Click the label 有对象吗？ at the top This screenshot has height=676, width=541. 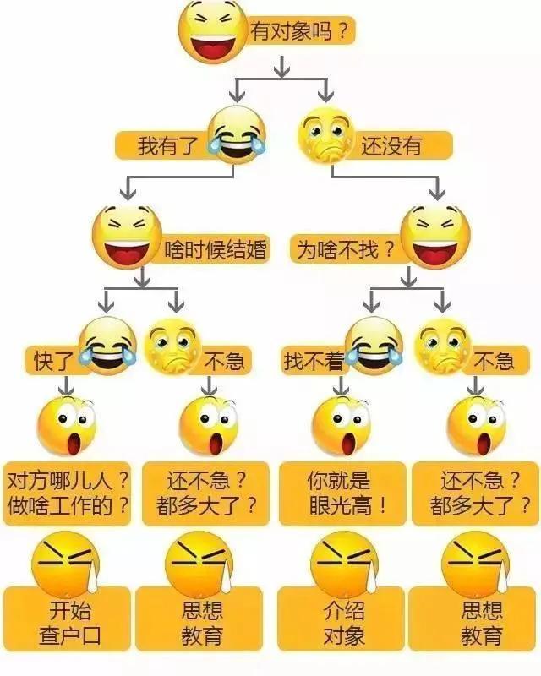pyautogui.click(x=298, y=33)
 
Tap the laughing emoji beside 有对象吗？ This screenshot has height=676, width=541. pyautogui.click(x=212, y=31)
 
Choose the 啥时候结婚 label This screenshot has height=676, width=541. pyautogui.click(x=215, y=249)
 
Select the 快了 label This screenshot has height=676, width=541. pyautogui.click(x=53, y=362)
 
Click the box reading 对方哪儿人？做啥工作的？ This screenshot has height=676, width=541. pyautogui.click(x=68, y=493)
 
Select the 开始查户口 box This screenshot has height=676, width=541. pyautogui.click(x=68, y=623)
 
